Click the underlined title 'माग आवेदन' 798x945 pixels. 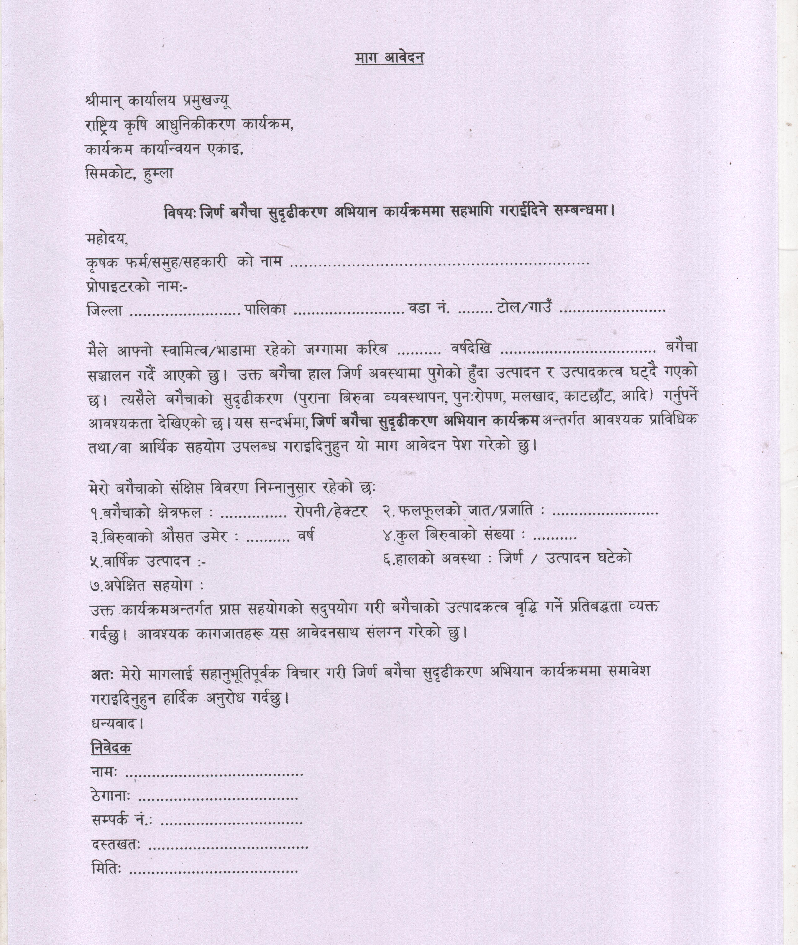click(389, 58)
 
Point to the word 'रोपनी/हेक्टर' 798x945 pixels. click(330, 511)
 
